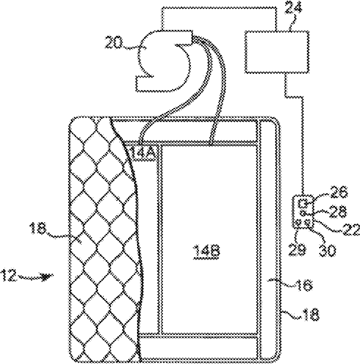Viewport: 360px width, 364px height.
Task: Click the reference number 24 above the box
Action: (293, 8)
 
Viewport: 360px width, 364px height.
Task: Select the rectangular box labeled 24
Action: (277, 51)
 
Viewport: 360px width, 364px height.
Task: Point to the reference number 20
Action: (113, 43)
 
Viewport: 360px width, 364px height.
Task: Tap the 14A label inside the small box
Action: (144, 153)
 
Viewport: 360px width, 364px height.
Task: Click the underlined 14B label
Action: (207, 251)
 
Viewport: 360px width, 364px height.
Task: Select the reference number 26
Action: (338, 192)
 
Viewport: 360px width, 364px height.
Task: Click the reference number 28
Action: (337, 211)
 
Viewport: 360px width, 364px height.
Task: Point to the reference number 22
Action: (352, 230)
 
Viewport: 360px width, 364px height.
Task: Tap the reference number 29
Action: (297, 249)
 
